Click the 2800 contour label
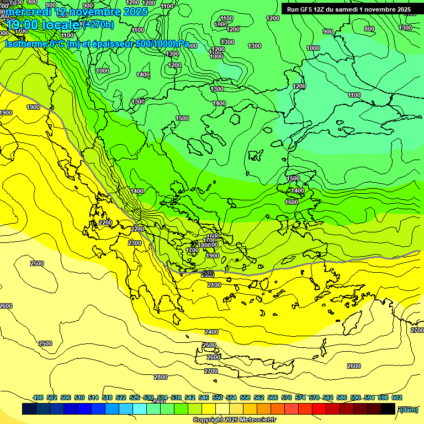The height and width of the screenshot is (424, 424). pyautogui.click(x=160, y=377)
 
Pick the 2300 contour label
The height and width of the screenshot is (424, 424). pyautogui.click(x=134, y=243)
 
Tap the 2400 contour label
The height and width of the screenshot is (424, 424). pyautogui.click(x=211, y=332)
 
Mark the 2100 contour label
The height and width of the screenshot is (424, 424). pyautogui.click(x=214, y=285)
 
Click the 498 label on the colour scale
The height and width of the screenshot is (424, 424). pyautogui.click(x=38, y=397)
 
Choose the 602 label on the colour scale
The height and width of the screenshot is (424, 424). pyautogui.click(x=397, y=397)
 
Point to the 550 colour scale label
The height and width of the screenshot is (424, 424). pyautogui.click(x=218, y=397)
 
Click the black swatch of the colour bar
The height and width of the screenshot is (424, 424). pyautogui.click(x=388, y=409)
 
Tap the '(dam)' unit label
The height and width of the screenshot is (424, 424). pyautogui.click(x=408, y=409)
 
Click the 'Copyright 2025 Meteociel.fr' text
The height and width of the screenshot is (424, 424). pyautogui.click(x=234, y=420)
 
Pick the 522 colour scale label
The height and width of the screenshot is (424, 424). pyautogui.click(x=121, y=397)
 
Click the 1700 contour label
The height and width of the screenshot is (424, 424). pyautogui.click(x=192, y=250)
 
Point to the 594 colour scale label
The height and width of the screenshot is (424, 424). pyautogui.click(x=369, y=397)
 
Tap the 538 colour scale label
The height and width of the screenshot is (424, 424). pyautogui.click(x=176, y=397)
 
